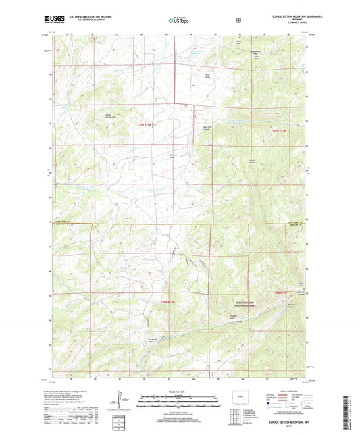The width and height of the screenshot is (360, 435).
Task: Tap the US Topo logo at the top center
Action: [179, 21]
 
